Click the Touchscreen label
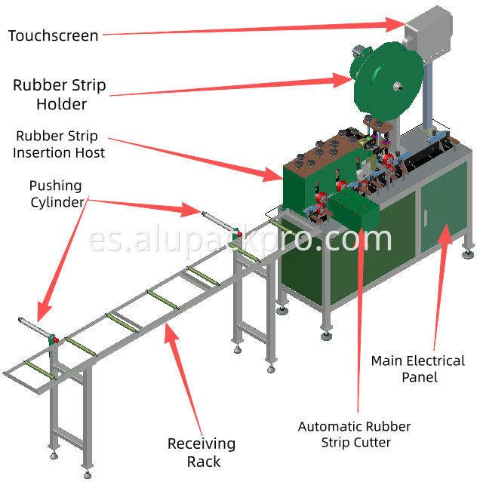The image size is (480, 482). [x=53, y=35]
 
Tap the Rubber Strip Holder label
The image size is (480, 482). [x=60, y=94]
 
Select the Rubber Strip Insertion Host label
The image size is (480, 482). [x=60, y=145]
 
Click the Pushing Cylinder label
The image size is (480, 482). [x=56, y=193]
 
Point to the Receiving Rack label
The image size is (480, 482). [x=202, y=453]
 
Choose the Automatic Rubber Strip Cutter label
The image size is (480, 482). [x=354, y=434]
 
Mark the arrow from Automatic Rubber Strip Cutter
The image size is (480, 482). [x=359, y=317]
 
